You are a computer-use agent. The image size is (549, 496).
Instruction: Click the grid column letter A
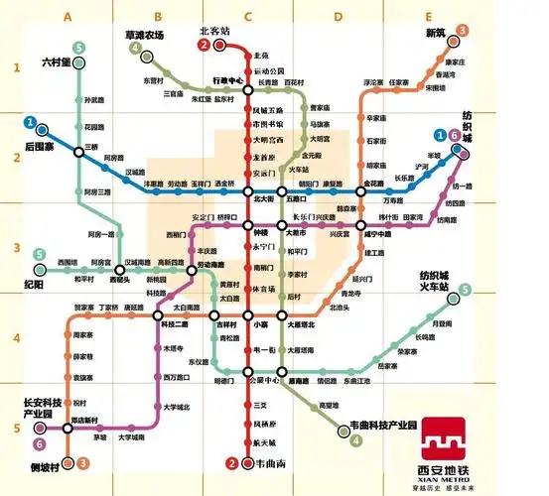(68, 17)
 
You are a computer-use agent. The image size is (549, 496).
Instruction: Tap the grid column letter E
(428, 17)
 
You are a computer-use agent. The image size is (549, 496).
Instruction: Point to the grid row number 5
(16, 428)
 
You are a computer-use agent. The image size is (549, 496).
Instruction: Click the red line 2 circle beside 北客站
(204, 46)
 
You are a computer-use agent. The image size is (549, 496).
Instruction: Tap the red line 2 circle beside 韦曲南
(232, 462)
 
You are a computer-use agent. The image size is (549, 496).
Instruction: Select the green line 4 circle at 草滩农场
(135, 50)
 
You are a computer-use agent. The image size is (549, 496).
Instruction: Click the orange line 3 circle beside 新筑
(462, 32)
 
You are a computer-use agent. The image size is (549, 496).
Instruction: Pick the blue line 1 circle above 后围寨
(31, 125)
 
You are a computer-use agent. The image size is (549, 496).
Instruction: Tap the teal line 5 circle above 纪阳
(40, 255)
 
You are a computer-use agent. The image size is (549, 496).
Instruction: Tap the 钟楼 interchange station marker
(248, 231)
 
